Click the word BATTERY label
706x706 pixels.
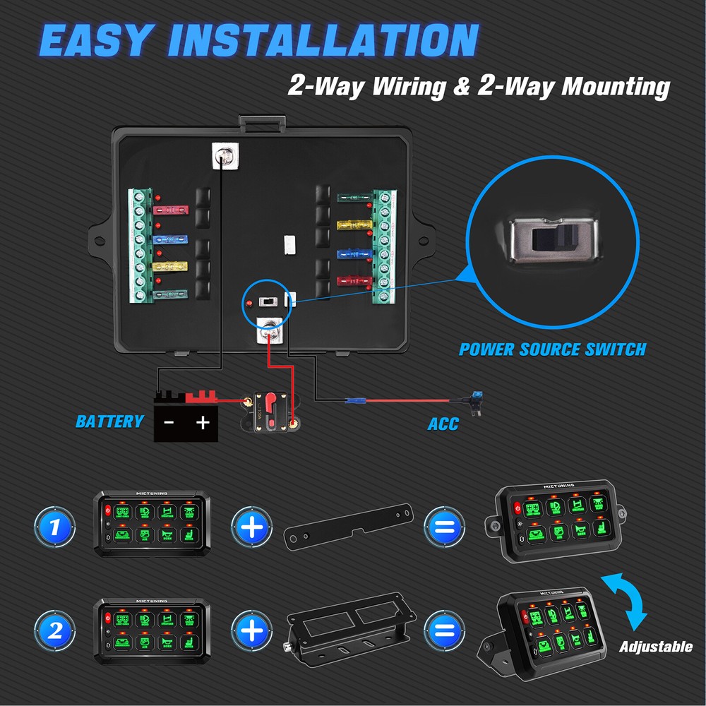(109, 421)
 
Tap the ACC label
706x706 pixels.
(443, 424)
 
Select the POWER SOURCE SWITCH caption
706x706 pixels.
(552, 349)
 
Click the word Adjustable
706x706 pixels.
(656, 647)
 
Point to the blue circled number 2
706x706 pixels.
(54, 630)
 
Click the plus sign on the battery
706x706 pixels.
(203, 423)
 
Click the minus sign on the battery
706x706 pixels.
(169, 423)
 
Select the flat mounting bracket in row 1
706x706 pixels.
(349, 526)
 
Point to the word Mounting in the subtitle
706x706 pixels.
(615, 86)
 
